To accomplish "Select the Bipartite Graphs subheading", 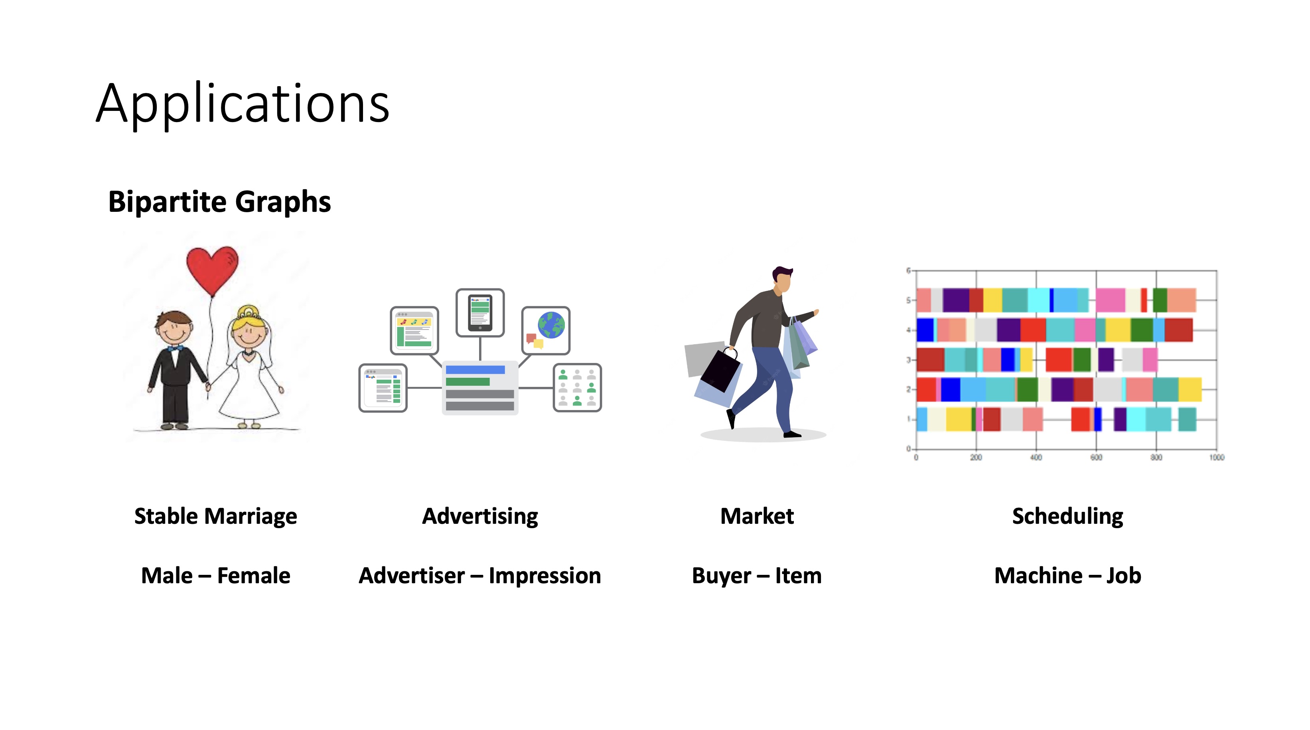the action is coord(220,202).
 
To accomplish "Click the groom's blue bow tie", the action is coord(175,349).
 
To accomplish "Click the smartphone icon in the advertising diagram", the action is coord(480,312).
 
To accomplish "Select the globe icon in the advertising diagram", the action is coord(551,325).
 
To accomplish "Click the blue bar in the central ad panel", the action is coord(475,370).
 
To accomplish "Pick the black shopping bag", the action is coord(720,370).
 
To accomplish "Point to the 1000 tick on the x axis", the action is coord(1216,457).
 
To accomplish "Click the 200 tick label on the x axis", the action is coord(976,457).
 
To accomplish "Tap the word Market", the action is coord(757,516).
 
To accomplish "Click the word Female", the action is coord(254,575).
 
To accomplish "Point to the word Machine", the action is coord(1038,575).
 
